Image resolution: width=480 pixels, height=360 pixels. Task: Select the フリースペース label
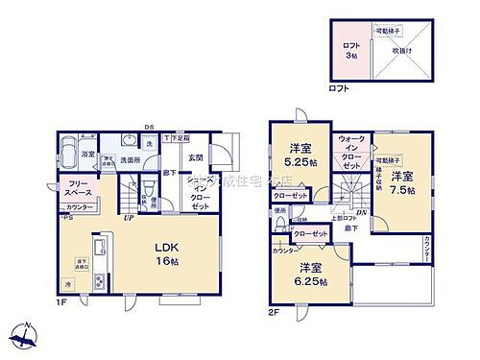tap(80, 189)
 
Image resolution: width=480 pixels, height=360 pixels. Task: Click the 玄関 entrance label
tap(196, 158)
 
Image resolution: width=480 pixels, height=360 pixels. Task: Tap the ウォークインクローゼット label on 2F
tap(351, 154)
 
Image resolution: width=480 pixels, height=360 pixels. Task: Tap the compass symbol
tap(25, 339)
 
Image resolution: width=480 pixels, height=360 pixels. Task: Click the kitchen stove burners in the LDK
tap(99, 280)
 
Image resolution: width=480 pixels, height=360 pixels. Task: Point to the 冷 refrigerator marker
tap(69, 285)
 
